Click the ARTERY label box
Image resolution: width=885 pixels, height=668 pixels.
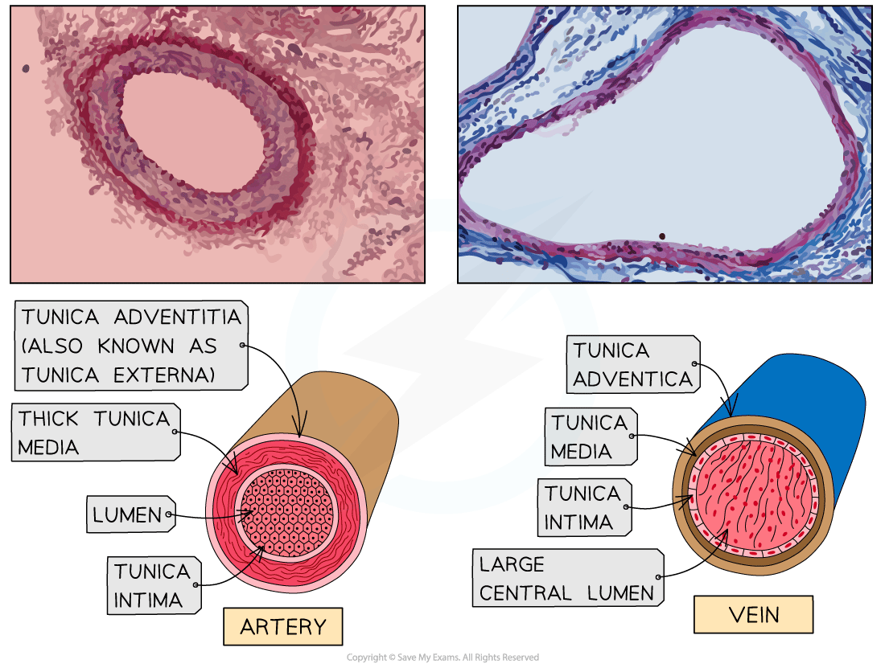283,627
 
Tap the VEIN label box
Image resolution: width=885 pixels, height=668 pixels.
753,616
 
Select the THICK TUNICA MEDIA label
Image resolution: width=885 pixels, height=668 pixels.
95,432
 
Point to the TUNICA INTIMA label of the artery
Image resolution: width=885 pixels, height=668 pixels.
153,585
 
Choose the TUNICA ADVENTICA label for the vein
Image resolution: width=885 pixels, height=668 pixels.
633,364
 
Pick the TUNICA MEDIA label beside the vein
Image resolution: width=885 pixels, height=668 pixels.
590,437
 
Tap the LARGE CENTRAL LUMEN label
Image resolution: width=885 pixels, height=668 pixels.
567,579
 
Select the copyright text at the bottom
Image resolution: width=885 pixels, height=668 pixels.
442,658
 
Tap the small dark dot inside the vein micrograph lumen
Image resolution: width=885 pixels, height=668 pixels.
661,236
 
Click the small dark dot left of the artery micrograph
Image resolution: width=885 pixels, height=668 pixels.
26,69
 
